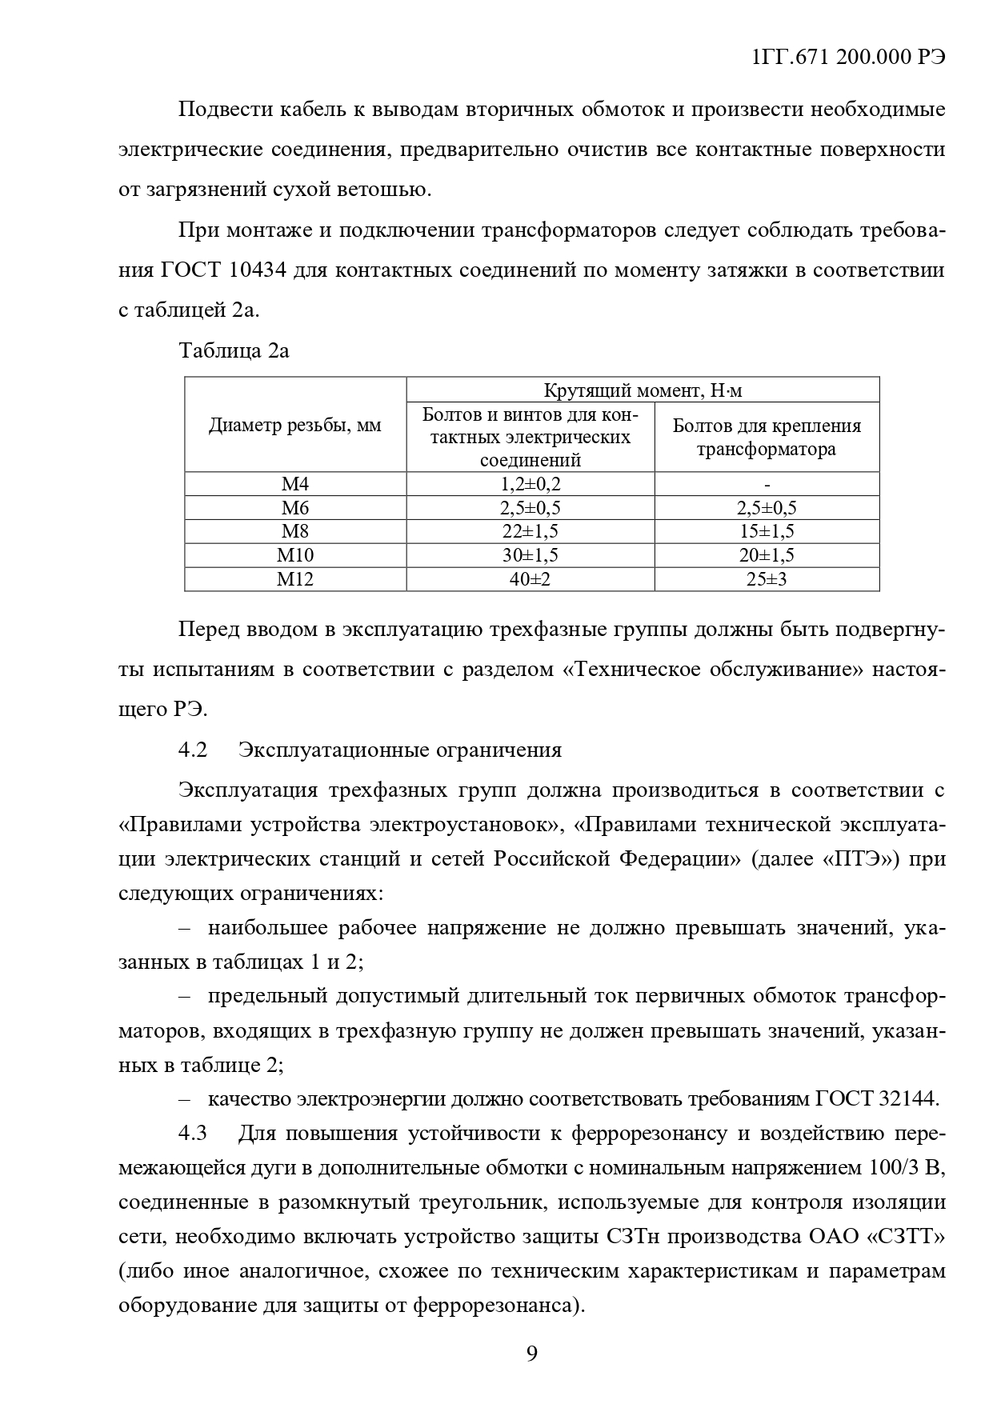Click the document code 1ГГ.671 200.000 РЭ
point(849,58)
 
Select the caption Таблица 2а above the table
point(234,350)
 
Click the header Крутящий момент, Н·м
point(643,390)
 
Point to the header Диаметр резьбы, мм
point(295,426)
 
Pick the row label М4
point(295,484)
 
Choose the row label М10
point(295,555)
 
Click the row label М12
point(295,579)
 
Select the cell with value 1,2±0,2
point(530,484)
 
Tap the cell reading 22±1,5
point(530,531)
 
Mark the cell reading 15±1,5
point(767,531)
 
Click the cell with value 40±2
point(530,579)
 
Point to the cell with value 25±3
point(767,579)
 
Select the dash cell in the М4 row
point(767,484)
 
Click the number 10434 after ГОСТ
point(258,270)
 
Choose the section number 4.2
point(193,750)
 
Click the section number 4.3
point(193,1134)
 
